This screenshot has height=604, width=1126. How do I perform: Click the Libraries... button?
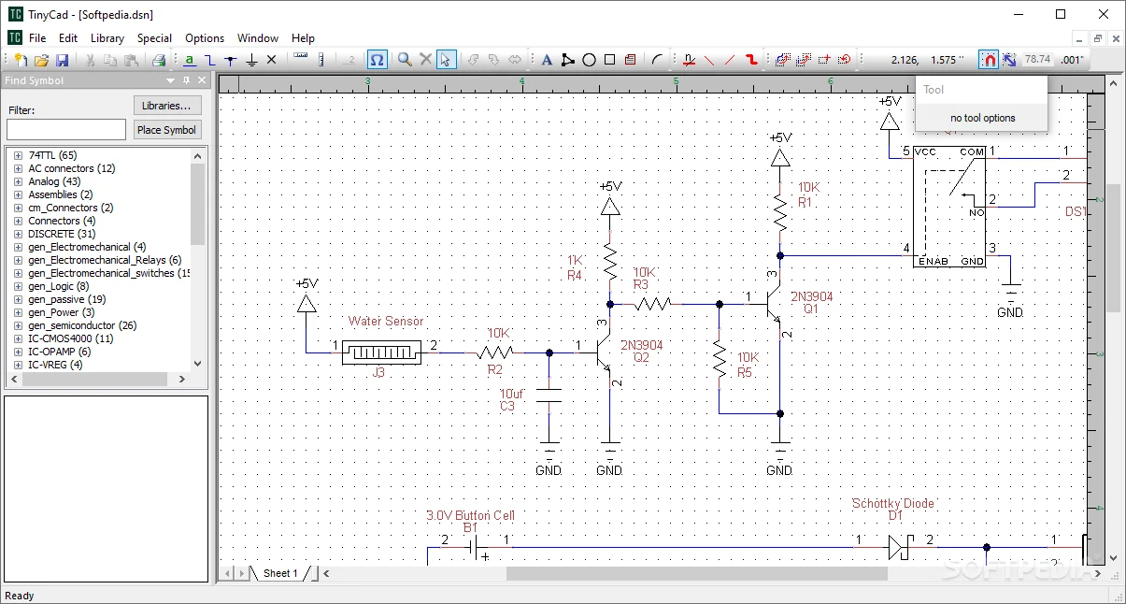tap(167, 106)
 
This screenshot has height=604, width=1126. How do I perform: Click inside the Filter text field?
tap(66, 130)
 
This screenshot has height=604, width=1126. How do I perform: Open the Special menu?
tap(154, 38)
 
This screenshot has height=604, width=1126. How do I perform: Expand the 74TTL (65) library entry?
tap(18, 155)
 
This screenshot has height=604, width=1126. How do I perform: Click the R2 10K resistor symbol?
tap(495, 352)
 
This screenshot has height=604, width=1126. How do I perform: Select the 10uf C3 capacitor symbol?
tap(549, 399)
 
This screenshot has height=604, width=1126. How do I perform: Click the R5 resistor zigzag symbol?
tap(720, 358)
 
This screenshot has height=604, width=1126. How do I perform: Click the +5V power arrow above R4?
tap(610, 207)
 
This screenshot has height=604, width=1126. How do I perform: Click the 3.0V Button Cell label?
tap(470, 515)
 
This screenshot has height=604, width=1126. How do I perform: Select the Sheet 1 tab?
tap(280, 573)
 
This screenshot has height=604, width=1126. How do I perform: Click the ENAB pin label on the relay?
tap(933, 262)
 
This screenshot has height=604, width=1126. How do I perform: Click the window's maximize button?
tap(1061, 14)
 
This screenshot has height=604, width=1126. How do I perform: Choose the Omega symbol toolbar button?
tap(377, 60)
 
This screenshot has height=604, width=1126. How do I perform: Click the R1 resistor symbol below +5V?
tap(780, 214)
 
